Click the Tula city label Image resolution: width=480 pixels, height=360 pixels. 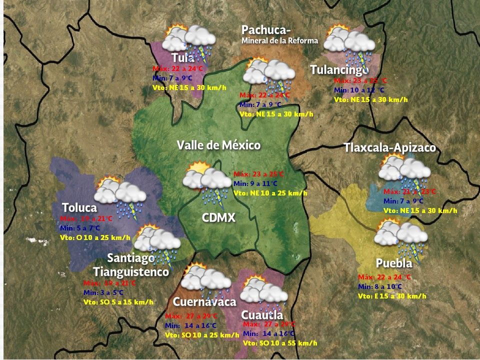pos(182,57)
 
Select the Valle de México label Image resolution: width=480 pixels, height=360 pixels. pos(218,145)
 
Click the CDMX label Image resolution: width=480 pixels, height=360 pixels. pos(218,217)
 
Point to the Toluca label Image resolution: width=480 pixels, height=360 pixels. pos(79,207)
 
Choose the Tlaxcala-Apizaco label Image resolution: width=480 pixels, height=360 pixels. pos(389,148)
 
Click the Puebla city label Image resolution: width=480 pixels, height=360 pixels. pos(394,263)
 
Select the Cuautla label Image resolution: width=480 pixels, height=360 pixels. pos(262,315)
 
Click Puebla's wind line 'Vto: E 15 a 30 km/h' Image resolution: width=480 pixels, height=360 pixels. pos(392,296)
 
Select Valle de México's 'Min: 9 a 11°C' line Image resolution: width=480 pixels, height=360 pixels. pos(255,183)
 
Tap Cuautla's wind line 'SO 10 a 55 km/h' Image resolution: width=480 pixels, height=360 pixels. pos(280,343)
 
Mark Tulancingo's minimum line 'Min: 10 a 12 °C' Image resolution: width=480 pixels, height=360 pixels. pos(359,90)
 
